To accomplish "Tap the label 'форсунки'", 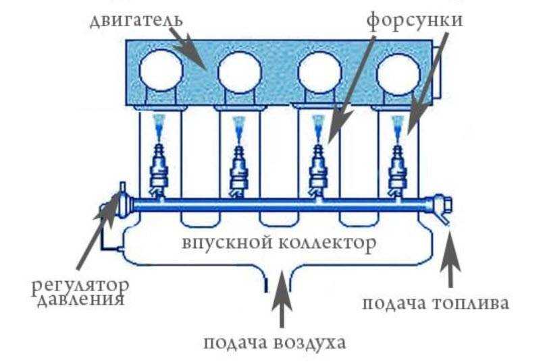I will (415, 18).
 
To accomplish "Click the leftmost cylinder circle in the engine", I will (161, 70).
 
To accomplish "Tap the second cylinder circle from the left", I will (240, 71).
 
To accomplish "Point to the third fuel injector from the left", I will (317, 164).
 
